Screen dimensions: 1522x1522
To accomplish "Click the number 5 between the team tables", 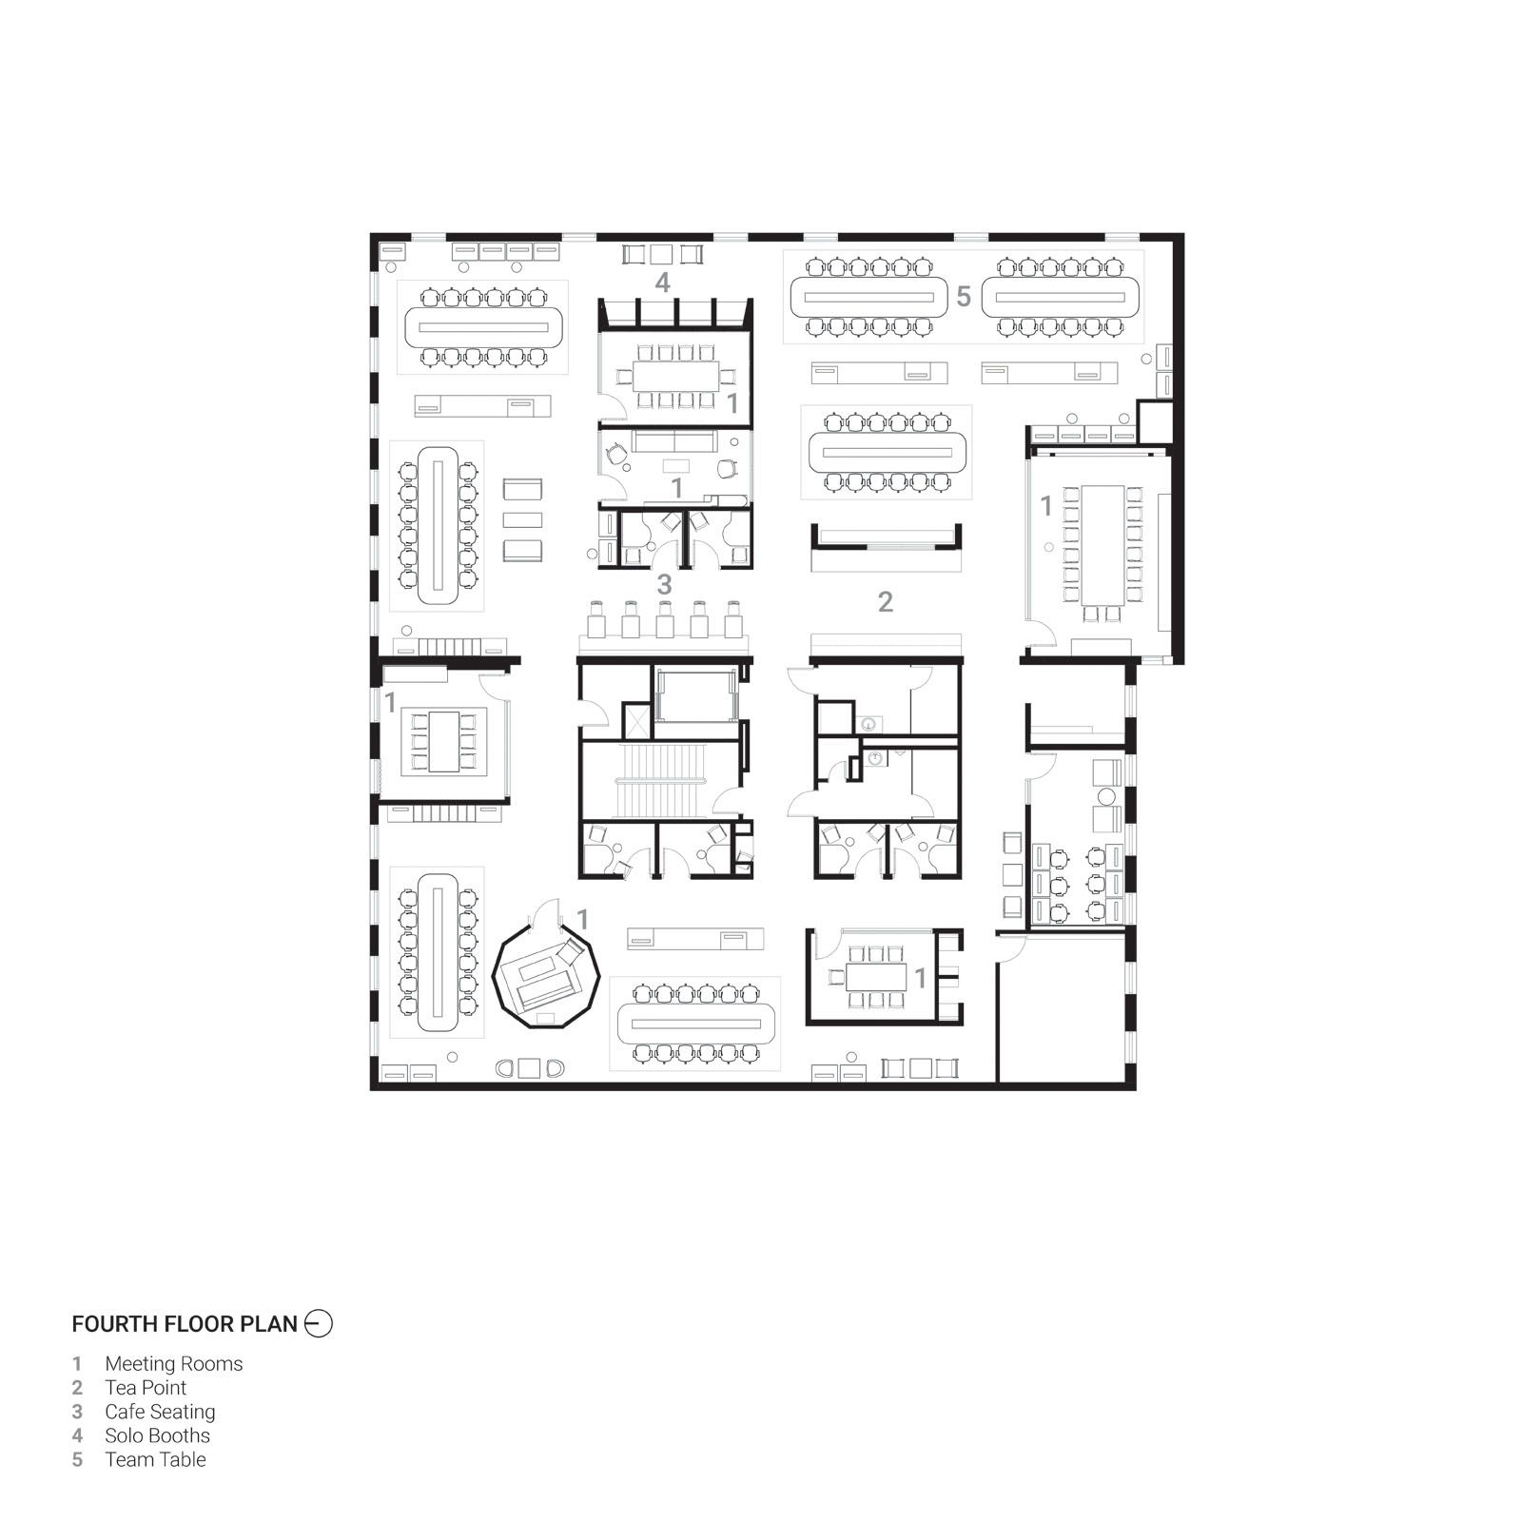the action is (964, 297).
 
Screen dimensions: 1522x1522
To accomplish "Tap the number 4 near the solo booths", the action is (662, 283).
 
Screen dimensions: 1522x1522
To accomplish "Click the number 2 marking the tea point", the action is (886, 601).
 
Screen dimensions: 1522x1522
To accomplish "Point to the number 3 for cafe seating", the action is (664, 584).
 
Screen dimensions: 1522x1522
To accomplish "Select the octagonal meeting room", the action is (546, 980).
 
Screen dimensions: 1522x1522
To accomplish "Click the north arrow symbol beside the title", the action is (319, 1323).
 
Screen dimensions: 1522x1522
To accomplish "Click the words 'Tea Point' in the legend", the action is (146, 1388).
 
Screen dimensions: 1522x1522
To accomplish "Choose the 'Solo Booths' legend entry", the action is (157, 1435).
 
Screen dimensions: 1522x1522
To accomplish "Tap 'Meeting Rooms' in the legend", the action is (174, 1364).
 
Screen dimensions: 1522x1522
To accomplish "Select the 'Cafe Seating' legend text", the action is (160, 1412).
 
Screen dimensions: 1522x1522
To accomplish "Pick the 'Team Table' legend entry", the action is (155, 1459).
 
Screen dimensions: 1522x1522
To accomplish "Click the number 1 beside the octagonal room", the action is (583, 920).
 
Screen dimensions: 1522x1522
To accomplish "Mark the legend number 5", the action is (78, 1459).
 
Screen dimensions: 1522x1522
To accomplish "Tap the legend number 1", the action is (78, 1364).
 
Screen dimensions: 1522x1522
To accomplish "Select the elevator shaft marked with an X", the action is (635, 720).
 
